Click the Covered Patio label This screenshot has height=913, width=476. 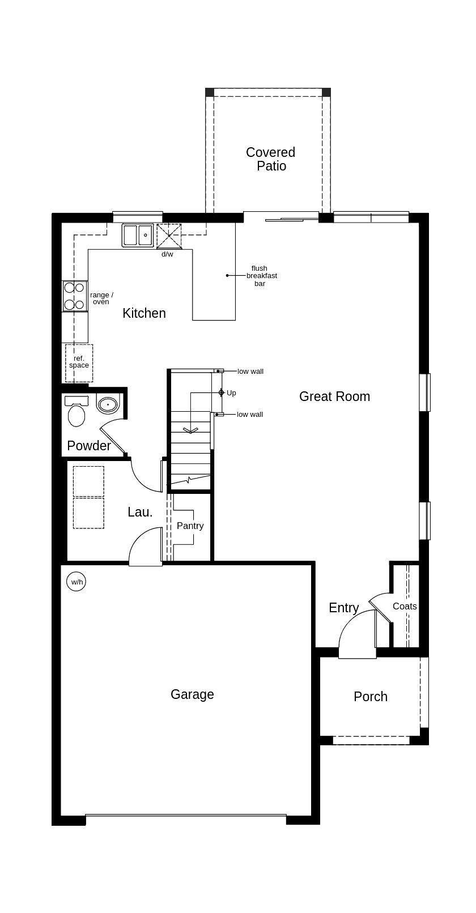270,159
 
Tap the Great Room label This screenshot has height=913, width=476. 334,396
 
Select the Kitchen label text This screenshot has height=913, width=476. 144,313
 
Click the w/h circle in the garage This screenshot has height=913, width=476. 76,582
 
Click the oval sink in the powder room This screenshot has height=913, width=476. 107,404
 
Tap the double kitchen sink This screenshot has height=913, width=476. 138,234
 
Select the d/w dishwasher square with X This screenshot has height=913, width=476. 169,236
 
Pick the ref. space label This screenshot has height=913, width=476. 79,362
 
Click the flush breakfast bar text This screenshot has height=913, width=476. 261,276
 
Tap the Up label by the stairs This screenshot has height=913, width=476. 231,393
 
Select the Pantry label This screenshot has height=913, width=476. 190,526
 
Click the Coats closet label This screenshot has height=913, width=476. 405,606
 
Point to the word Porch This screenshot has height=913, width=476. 370,697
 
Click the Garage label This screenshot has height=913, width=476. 192,694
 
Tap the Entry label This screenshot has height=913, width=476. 343,608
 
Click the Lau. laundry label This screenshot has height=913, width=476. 140,512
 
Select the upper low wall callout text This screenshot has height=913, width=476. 250,372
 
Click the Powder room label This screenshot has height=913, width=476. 89,446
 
